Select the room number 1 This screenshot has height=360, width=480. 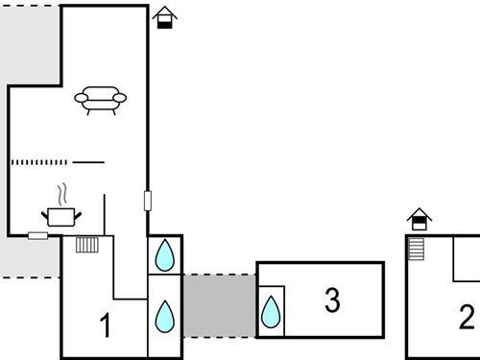click(106, 326)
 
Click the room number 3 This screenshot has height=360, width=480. click(332, 300)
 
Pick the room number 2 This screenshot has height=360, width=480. click(467, 316)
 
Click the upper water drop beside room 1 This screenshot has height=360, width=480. click(165, 255)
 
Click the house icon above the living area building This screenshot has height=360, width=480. click(165, 17)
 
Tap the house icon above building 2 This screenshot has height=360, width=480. click(419, 220)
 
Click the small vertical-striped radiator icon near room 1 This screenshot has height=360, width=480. click(87, 244)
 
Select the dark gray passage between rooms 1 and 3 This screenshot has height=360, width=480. click(219, 305)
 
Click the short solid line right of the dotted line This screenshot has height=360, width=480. click(88, 162)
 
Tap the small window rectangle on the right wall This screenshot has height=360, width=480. click(148, 201)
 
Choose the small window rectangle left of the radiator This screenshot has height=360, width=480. click(38, 235)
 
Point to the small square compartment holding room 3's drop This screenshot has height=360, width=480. click(272, 311)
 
